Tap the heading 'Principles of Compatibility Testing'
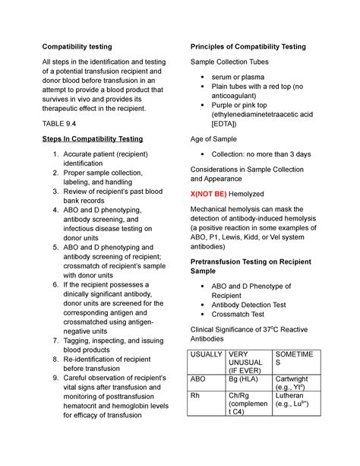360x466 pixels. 247,47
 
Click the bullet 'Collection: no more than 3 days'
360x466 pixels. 264,154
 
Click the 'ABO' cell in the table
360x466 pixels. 198,379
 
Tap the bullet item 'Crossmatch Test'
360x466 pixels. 244,313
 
